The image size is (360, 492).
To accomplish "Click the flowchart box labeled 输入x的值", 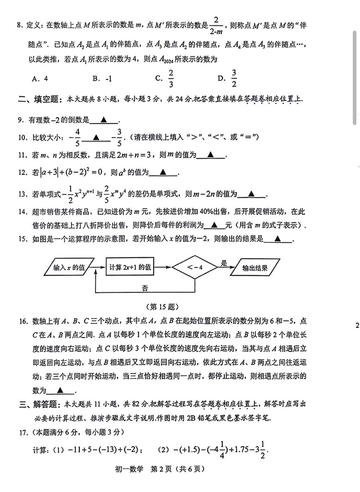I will pyautogui.click(x=69, y=267).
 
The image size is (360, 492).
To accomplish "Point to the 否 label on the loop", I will pyautogui.click(x=145, y=288).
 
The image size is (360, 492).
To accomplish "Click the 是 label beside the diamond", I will pyautogui.click(x=224, y=263).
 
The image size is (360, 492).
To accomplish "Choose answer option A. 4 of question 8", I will pyautogui.click(x=40, y=78).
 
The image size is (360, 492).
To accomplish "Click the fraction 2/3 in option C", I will pyautogui.click(x=171, y=78).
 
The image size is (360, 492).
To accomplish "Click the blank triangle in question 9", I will pyautogui.click(x=104, y=120).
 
